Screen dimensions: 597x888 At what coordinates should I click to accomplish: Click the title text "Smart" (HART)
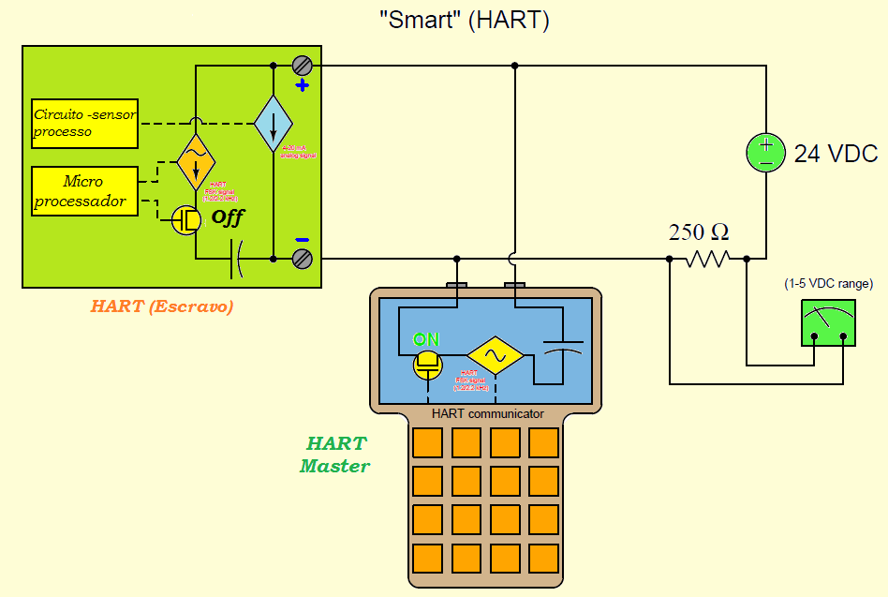pos(464,21)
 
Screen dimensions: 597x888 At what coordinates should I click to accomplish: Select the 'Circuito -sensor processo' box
pos(84,123)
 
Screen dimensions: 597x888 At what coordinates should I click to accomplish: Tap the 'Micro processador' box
pos(84,190)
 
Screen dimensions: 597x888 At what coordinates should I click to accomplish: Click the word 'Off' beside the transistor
pos(228,217)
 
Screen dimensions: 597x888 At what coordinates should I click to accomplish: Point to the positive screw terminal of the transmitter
pos(302,66)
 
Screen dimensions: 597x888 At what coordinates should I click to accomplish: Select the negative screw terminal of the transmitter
pos(302,258)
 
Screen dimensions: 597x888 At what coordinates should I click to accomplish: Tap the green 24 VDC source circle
pos(765,153)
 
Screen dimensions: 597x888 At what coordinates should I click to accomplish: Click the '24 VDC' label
pos(836,155)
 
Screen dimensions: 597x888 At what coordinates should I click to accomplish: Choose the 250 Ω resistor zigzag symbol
pos(707,259)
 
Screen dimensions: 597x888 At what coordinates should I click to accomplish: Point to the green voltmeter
pos(828,323)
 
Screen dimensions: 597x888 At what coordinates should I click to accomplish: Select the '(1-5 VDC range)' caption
pos(828,283)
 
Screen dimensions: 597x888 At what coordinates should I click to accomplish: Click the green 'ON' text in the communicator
pos(426,339)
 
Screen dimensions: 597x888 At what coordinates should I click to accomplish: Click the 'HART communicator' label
pos(487,413)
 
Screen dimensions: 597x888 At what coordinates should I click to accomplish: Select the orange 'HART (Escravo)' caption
pos(162,306)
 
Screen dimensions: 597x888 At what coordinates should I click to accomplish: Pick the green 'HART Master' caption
pos(335,455)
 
